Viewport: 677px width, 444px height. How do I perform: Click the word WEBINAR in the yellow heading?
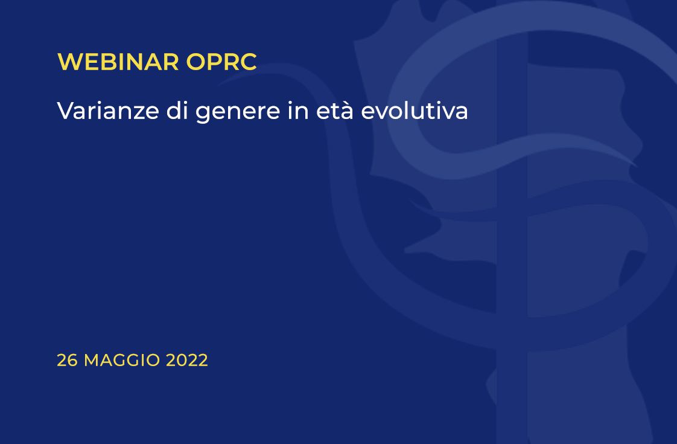tap(118, 62)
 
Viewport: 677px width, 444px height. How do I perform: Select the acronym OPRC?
tap(221, 62)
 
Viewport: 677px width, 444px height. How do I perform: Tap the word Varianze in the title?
tap(108, 111)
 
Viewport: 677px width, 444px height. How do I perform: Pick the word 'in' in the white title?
tap(298, 110)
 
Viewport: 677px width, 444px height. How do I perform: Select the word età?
tap(335, 110)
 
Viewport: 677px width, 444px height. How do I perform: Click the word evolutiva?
tap(415, 110)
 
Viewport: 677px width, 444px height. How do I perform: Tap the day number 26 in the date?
tap(68, 360)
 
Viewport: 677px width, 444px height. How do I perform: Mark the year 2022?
tap(187, 360)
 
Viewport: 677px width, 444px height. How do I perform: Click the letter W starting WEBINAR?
tap(69, 62)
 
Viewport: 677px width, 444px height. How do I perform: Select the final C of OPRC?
tap(248, 62)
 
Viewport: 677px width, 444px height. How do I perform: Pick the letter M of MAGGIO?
tap(92, 360)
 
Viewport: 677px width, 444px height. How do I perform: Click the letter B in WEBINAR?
tap(108, 62)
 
